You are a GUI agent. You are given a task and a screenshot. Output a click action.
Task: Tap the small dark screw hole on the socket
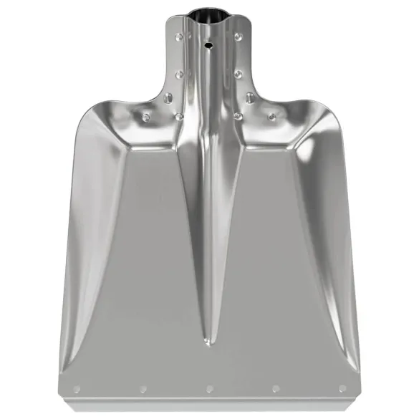[208, 44]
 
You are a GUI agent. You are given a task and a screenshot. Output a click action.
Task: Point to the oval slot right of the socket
[249, 96]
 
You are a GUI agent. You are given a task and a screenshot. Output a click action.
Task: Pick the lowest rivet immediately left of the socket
[178, 115]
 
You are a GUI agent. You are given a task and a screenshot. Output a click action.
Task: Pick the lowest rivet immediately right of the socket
[237, 115]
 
